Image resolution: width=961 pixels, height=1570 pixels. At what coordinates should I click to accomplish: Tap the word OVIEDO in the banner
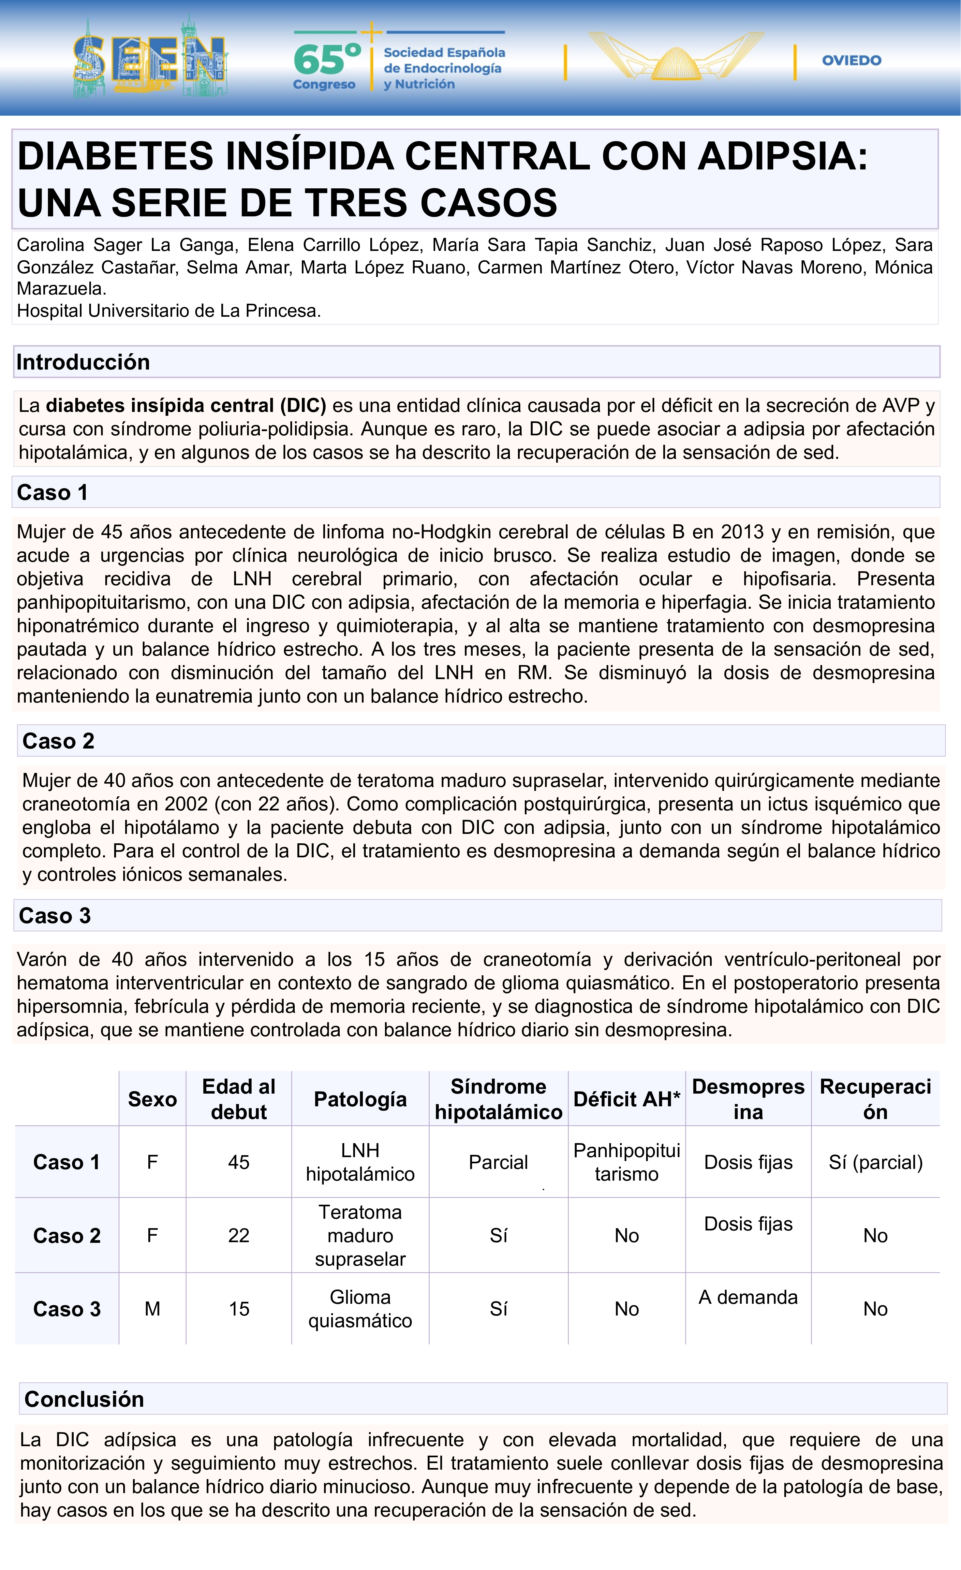[851, 61]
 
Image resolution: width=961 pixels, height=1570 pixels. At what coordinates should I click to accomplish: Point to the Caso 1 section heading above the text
[52, 492]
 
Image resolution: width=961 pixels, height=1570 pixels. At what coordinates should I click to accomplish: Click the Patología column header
[360, 1099]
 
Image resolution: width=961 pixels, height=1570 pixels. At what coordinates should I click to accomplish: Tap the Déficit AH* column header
[627, 1099]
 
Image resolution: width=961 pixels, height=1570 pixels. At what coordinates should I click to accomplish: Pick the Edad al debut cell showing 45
[239, 1162]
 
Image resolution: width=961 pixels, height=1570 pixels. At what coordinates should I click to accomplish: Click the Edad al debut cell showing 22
[239, 1235]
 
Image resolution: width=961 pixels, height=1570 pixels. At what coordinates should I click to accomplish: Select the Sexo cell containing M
[152, 1309]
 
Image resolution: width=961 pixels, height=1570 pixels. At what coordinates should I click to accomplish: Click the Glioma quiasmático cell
[360, 1309]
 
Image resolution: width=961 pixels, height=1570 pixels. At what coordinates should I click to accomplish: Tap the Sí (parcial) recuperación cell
[875, 1162]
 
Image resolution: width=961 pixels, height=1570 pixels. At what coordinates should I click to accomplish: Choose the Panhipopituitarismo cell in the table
[627, 1162]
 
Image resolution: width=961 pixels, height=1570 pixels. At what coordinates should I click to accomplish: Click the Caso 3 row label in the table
[67, 1309]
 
